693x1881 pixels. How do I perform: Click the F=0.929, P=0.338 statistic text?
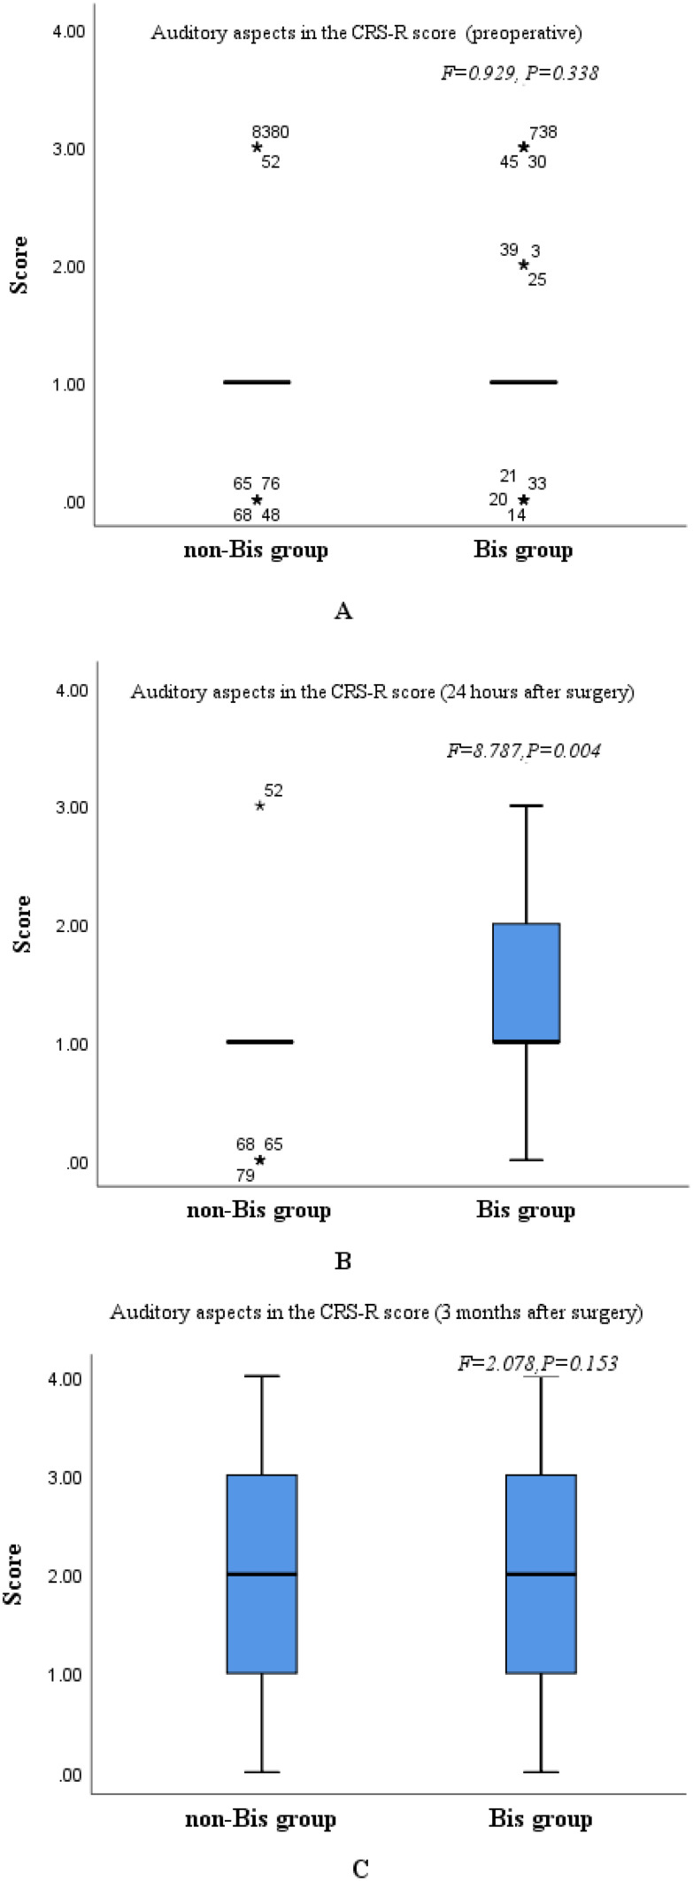click(x=520, y=73)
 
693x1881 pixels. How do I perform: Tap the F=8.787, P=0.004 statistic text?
click(x=524, y=751)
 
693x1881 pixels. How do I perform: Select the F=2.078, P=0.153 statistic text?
click(x=537, y=1363)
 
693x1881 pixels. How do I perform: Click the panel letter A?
click(x=343, y=611)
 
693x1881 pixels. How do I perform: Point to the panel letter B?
click(x=343, y=1260)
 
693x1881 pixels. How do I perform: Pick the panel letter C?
click(x=360, y=1869)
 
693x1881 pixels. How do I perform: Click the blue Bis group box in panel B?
click(x=527, y=983)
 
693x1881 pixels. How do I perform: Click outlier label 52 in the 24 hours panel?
click(x=273, y=790)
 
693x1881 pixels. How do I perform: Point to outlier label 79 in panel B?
click(x=245, y=1176)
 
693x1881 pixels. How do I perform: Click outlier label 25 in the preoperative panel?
click(x=537, y=280)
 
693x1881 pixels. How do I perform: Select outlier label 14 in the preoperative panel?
click(x=517, y=514)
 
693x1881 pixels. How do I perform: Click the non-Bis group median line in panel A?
click(x=257, y=382)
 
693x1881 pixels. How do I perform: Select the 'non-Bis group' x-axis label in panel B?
click(x=258, y=1210)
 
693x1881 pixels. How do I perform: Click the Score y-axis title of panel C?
click(x=13, y=1574)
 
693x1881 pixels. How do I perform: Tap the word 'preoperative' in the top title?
click(x=525, y=34)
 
